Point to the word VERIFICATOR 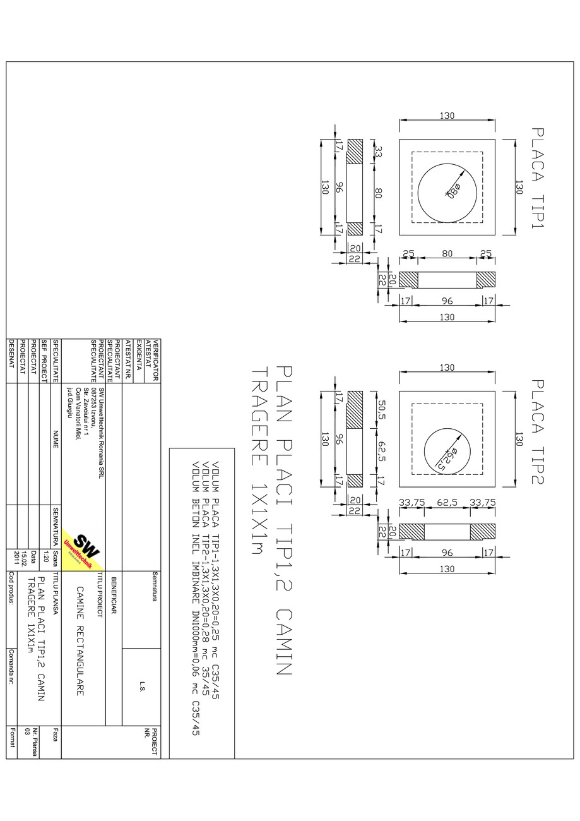coord(155,359)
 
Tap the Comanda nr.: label coord(12,666)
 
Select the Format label coord(12,737)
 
